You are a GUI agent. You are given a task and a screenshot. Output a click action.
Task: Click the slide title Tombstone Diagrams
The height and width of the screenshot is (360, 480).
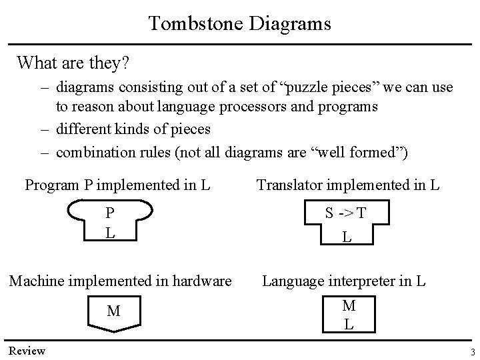pyautogui.click(x=239, y=23)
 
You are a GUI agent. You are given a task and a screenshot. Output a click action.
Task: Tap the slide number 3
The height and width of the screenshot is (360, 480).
pyautogui.click(x=471, y=352)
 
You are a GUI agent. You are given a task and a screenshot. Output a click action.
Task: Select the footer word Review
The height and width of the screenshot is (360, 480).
pyautogui.click(x=27, y=351)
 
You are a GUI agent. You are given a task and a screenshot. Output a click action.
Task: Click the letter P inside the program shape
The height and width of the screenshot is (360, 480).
pyautogui.click(x=111, y=213)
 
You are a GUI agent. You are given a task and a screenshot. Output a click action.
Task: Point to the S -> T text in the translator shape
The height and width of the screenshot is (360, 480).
pyautogui.click(x=345, y=213)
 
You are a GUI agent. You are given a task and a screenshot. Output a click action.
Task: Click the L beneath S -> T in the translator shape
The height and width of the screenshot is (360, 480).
pyautogui.click(x=347, y=236)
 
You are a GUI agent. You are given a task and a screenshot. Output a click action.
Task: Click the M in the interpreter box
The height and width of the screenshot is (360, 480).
pyautogui.click(x=348, y=305)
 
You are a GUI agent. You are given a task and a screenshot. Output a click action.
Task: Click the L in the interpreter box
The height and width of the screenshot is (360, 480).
pyautogui.click(x=348, y=325)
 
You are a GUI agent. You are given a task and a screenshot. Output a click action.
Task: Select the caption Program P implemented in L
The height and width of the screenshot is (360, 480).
pyautogui.click(x=117, y=184)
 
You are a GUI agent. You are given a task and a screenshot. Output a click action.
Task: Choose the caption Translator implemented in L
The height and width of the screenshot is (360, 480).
pyautogui.click(x=347, y=184)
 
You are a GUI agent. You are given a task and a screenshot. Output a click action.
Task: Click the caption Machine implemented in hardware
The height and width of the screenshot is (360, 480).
pyautogui.click(x=120, y=281)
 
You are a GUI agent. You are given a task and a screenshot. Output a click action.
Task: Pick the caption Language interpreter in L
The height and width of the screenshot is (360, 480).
pyautogui.click(x=344, y=281)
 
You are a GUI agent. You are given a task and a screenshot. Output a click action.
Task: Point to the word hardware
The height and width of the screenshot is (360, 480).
pyautogui.click(x=200, y=281)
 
